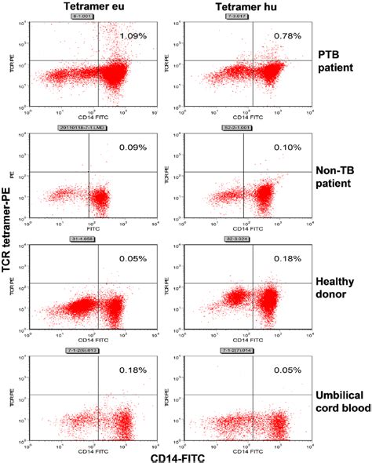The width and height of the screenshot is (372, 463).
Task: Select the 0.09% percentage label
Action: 133,147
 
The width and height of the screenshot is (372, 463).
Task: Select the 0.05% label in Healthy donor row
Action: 133,259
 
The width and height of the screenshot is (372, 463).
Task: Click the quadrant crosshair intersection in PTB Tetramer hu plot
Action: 254,60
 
